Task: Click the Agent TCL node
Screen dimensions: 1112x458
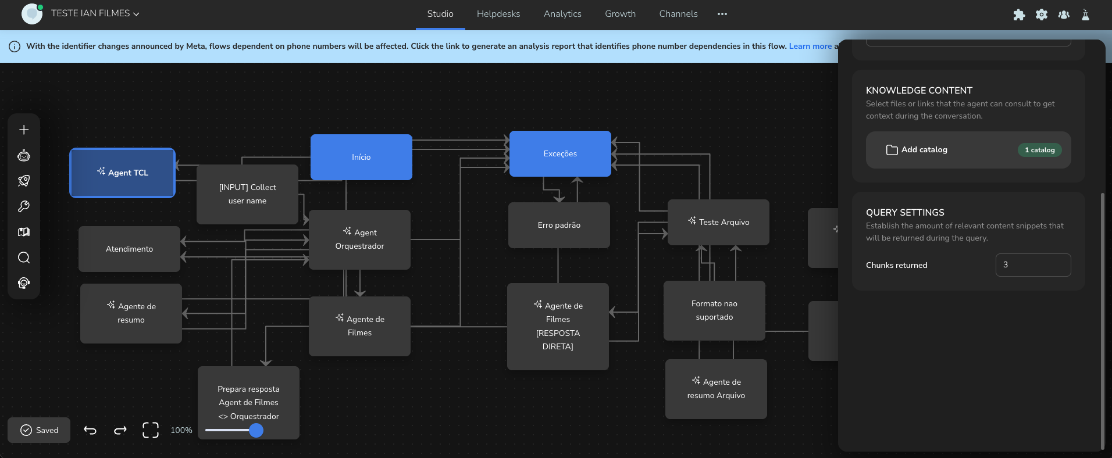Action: pyautogui.click(x=122, y=173)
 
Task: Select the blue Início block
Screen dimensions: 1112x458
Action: pyautogui.click(x=361, y=157)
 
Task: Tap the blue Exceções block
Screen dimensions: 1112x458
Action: pyautogui.click(x=560, y=153)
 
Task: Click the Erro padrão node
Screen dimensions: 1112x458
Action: pyautogui.click(x=559, y=225)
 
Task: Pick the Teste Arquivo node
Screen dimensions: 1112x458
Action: pyautogui.click(x=718, y=222)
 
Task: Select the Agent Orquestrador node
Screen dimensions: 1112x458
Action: pyautogui.click(x=359, y=239)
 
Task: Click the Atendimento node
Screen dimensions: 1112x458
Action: pyautogui.click(x=129, y=249)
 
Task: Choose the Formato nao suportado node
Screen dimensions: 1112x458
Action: pyautogui.click(x=714, y=310)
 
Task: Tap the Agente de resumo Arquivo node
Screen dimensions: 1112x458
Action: pyautogui.click(x=716, y=389)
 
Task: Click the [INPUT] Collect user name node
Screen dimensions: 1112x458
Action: pyautogui.click(x=247, y=194)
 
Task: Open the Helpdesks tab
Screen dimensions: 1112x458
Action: pyautogui.click(x=498, y=14)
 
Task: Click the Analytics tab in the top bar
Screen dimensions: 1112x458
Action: pyautogui.click(x=562, y=14)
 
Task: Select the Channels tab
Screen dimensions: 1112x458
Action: pyautogui.click(x=678, y=14)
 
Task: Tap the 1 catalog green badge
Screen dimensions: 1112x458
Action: pyautogui.click(x=1040, y=150)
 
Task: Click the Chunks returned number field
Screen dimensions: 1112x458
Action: pyautogui.click(x=1033, y=265)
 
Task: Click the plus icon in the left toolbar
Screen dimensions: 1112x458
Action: pyautogui.click(x=24, y=130)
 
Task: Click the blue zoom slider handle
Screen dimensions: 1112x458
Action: pyautogui.click(x=256, y=430)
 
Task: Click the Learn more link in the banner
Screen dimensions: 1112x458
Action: pyautogui.click(x=810, y=46)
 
